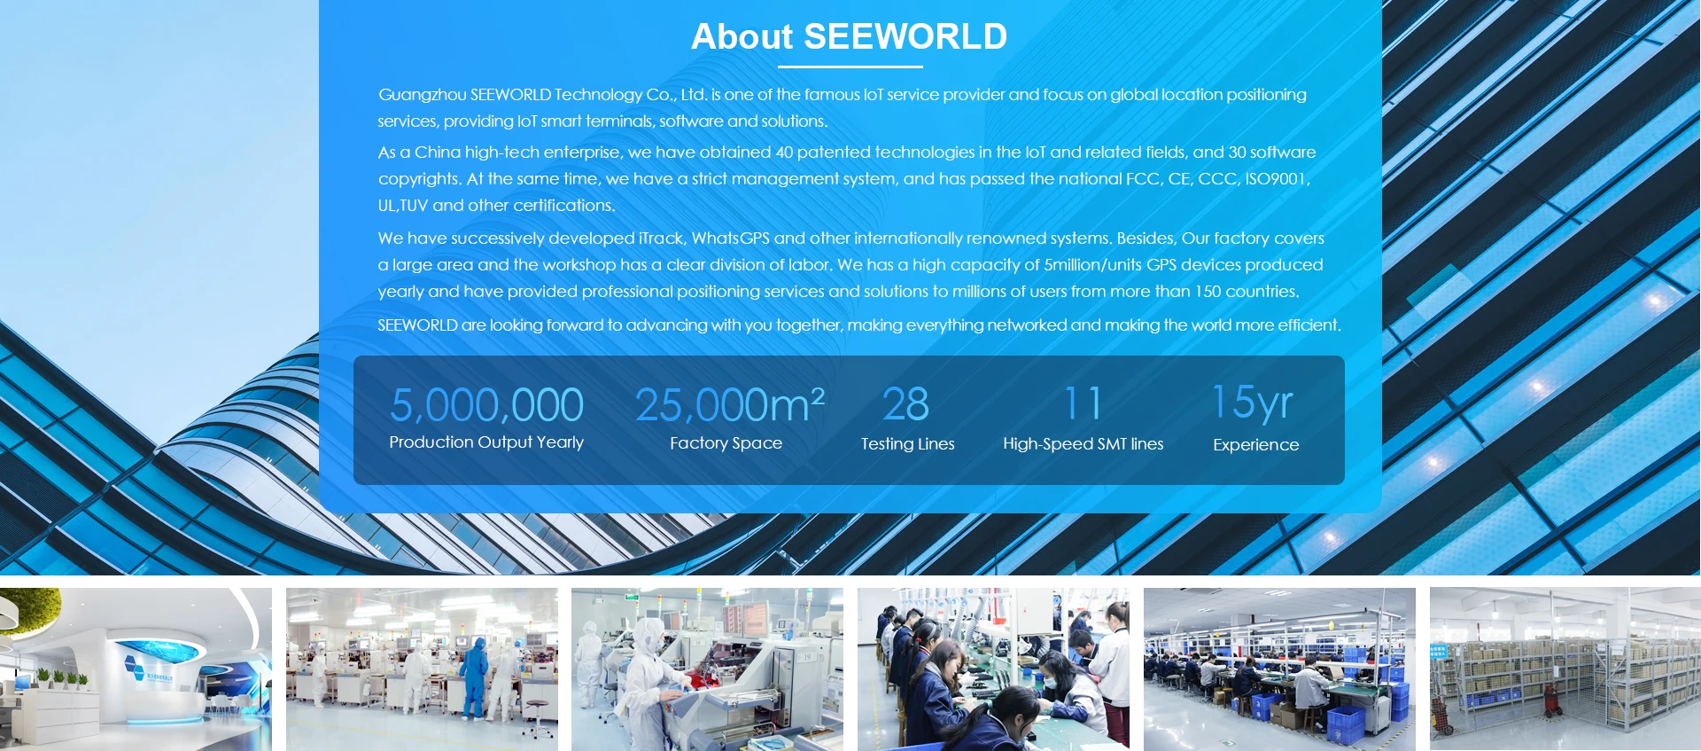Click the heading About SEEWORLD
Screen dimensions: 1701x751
849,36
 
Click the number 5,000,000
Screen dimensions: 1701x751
486,405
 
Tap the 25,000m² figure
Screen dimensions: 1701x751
730,405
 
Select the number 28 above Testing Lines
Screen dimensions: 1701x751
906,404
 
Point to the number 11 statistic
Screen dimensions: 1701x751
1083,403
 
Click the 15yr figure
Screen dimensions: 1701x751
1253,403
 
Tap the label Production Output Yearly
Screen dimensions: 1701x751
486,442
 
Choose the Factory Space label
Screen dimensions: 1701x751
726,443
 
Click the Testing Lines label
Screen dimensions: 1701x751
908,444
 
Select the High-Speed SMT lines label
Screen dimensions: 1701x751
1084,444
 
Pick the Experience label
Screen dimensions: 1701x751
1256,445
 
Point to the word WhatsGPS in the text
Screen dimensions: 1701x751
731,239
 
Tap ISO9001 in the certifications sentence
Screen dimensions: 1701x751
1276,179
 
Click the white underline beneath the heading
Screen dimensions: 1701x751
850,66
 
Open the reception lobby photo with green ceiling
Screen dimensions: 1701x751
136,669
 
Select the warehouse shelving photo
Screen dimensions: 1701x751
1565,669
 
